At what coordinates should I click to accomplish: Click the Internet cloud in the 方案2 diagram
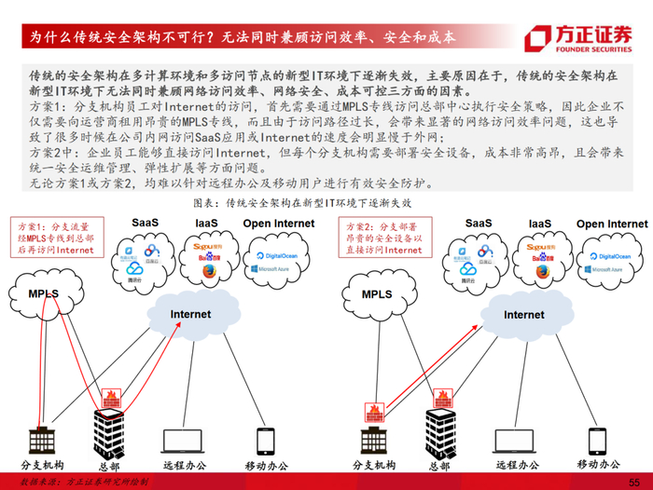pyautogui.click(x=524, y=315)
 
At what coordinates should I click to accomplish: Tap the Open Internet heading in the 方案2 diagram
pyautogui.click(x=611, y=225)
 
